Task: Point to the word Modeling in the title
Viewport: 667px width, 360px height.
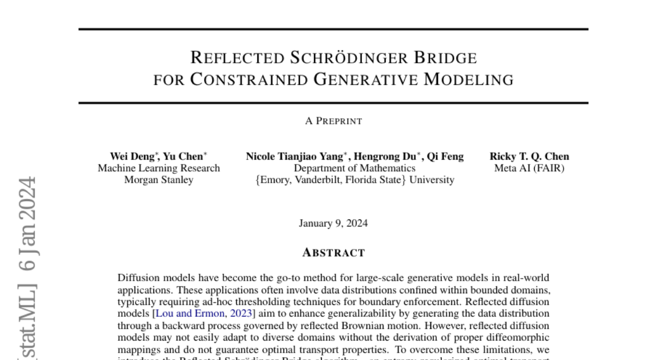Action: pyautogui.click(x=469, y=80)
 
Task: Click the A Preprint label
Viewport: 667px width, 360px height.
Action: pyautogui.click(x=333, y=121)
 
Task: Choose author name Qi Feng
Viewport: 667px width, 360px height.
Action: pyautogui.click(x=445, y=157)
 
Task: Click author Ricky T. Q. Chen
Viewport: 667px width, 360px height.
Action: pyautogui.click(x=529, y=157)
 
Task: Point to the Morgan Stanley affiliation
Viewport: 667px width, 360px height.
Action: pyautogui.click(x=159, y=180)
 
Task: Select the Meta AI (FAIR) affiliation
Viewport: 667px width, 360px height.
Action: pyautogui.click(x=529, y=168)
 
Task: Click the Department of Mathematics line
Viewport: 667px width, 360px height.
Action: pyautogui.click(x=355, y=168)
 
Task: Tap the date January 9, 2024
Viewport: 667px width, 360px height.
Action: pyautogui.click(x=333, y=224)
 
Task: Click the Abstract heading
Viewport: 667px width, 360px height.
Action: pyautogui.click(x=333, y=253)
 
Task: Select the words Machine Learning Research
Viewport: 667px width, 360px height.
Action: pyautogui.click(x=159, y=168)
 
